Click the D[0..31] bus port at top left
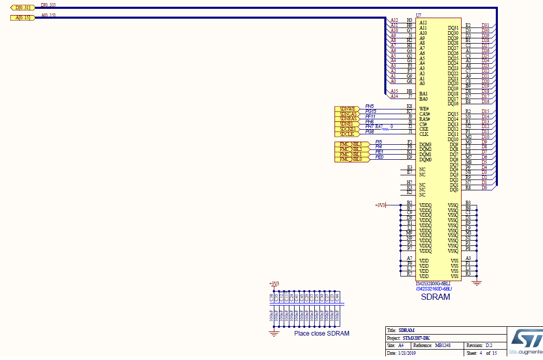[x=22, y=8]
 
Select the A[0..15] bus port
[x=22, y=18]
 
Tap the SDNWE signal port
[x=349, y=108]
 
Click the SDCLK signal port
[x=349, y=134]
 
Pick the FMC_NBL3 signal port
[x=350, y=144]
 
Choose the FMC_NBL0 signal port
[x=350, y=159]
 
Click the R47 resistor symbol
[x=385, y=128]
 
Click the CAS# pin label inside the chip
[x=425, y=114]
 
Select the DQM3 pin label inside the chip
[x=425, y=144]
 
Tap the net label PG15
[x=371, y=111]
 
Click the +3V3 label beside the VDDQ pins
[x=380, y=205]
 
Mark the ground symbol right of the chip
[x=477, y=282]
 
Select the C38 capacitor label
[x=271, y=297]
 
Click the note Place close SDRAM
[x=322, y=334]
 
